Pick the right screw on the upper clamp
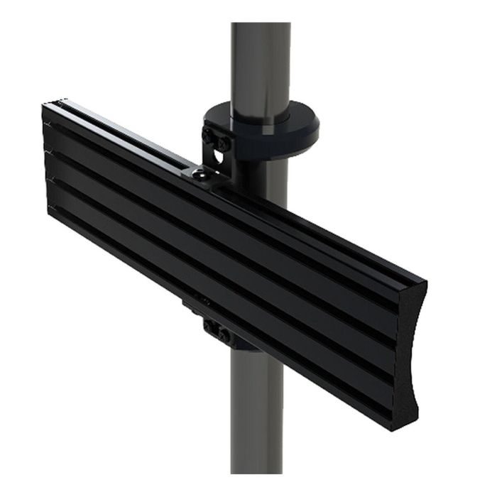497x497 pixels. pyautogui.click(x=224, y=144)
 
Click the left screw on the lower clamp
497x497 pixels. pyautogui.click(x=211, y=327)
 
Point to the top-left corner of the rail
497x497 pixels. pyautogui.click(x=44, y=106)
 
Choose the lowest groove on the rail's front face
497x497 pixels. pyautogui.click(x=213, y=298)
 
